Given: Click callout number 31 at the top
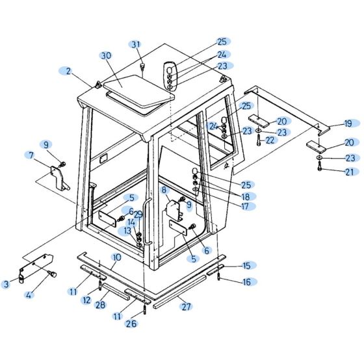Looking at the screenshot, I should tap(135, 44).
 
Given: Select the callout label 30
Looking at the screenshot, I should tap(106, 57).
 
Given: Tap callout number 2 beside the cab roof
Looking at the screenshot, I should tap(68, 70).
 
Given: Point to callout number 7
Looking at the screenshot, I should tap(31, 155).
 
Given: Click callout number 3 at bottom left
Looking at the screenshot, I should tap(6, 284).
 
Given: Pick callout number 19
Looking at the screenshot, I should tap(348, 123).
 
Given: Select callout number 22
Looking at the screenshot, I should tap(270, 140).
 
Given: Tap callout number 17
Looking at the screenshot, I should tap(245, 206).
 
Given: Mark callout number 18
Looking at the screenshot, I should tap(246, 196).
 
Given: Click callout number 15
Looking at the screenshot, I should tap(246, 265).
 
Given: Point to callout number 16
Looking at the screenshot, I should tap(246, 281).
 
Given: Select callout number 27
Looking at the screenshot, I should tap(187, 305).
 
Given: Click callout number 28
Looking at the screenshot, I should tap(100, 304).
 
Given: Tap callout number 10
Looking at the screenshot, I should tap(116, 257).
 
